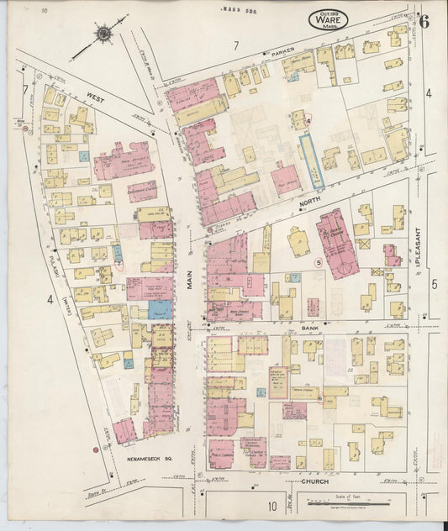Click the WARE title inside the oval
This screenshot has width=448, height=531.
[328, 20]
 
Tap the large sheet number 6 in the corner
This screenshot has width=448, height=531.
[425, 22]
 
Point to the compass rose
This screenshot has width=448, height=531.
[103, 34]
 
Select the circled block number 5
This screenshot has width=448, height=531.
[319, 262]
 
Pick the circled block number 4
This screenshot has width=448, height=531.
[309, 121]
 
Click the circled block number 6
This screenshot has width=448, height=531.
[320, 397]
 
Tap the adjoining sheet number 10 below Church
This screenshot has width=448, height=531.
[273, 506]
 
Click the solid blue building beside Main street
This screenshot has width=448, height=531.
[161, 309]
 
